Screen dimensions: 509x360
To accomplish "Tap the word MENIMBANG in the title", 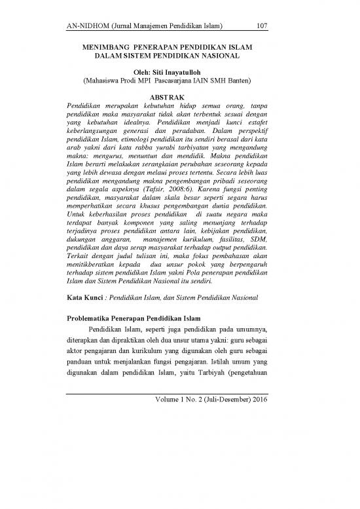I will [x=105, y=49].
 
